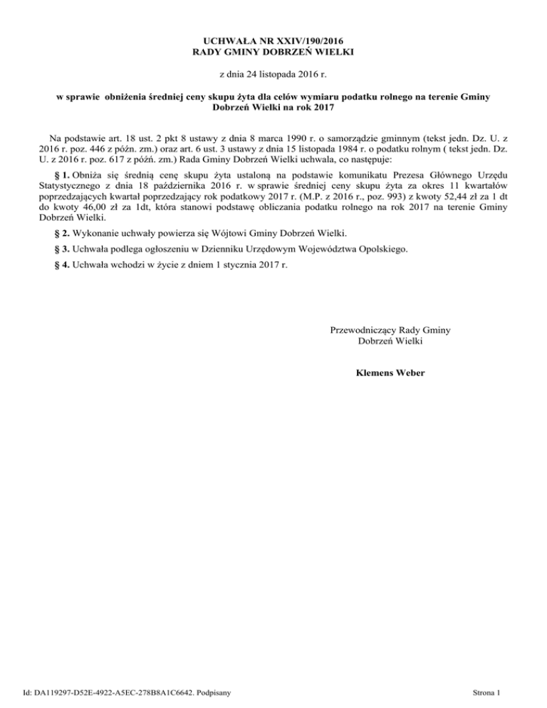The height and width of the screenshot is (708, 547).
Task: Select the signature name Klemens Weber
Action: click(390, 371)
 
